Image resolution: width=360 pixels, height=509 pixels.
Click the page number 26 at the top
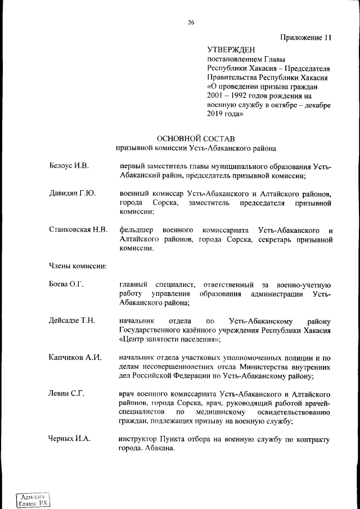191,22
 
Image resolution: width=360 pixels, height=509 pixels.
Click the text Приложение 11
306,38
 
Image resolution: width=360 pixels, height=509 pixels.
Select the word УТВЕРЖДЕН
231,50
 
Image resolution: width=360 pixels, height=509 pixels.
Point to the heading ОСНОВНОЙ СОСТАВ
195,138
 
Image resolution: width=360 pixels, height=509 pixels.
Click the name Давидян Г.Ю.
72,193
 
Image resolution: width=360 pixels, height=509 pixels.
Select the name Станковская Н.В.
78,230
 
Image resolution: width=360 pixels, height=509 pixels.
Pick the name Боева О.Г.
66,285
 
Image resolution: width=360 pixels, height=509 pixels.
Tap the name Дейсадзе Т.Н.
72,321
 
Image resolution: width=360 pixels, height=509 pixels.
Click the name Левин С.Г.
66,393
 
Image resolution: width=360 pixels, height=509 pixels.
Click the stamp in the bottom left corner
32,498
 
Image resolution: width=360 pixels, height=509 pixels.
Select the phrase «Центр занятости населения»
169,339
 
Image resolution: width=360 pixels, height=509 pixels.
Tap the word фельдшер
137,230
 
